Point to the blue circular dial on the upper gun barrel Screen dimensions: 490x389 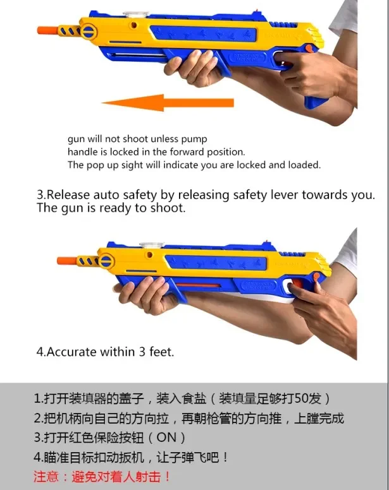tap(90, 30)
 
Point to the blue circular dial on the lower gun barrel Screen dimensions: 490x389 tap(105, 260)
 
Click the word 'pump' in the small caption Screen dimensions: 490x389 tap(194, 139)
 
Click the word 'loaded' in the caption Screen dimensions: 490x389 tap(304, 165)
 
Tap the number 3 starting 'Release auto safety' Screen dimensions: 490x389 tap(40, 195)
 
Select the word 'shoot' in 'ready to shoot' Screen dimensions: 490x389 tap(168, 208)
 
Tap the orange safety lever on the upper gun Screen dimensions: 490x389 tap(308, 48)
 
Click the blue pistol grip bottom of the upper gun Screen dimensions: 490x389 tap(317, 101)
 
